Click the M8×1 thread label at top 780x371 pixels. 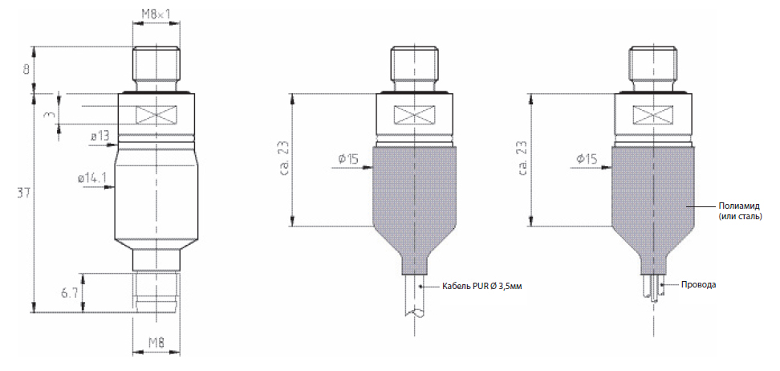tap(156, 14)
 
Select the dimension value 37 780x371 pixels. tap(22, 192)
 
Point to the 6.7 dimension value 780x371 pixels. tap(71, 292)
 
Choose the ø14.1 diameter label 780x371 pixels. tap(92, 177)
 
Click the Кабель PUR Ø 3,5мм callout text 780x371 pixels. tap(482, 287)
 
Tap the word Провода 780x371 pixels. tap(698, 285)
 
